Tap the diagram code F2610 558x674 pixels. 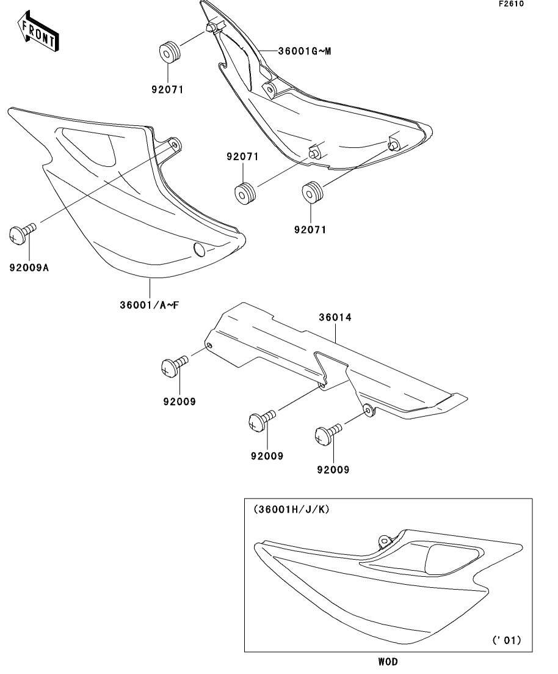(x=510, y=4)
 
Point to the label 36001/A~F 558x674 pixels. (x=149, y=304)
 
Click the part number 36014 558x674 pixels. (x=335, y=318)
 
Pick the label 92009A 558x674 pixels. (x=29, y=266)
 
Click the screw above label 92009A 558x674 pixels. (x=22, y=233)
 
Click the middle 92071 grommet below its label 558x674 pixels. (x=246, y=194)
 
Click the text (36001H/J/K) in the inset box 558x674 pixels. (x=291, y=508)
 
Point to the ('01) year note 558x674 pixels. (x=506, y=640)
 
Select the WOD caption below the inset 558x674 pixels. (x=387, y=661)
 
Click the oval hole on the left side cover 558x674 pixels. (x=200, y=248)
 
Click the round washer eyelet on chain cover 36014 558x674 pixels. (x=368, y=409)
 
